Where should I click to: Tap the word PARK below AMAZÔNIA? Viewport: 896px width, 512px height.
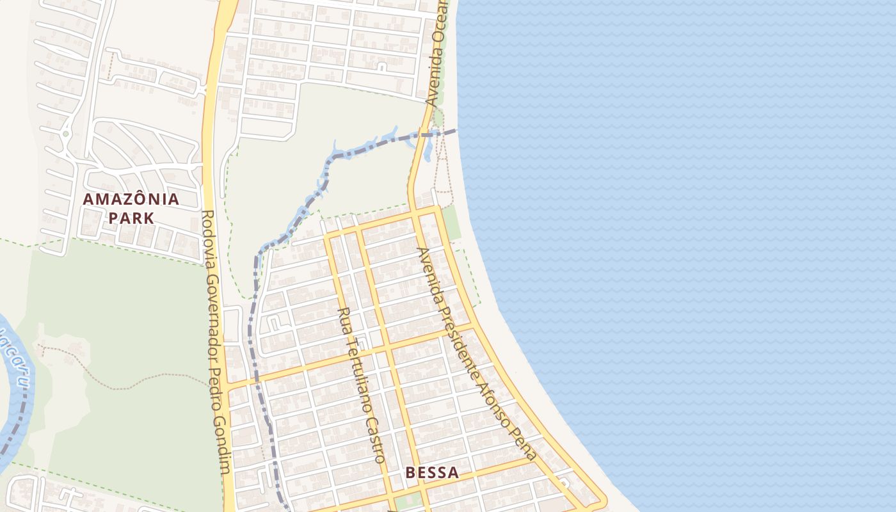coord(131,218)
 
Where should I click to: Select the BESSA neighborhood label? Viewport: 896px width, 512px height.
coord(432,473)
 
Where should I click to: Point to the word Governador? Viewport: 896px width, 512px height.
coord(212,310)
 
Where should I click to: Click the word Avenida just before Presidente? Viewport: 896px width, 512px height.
coord(429,275)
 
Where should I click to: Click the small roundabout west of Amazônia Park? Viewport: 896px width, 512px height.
coord(66,134)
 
